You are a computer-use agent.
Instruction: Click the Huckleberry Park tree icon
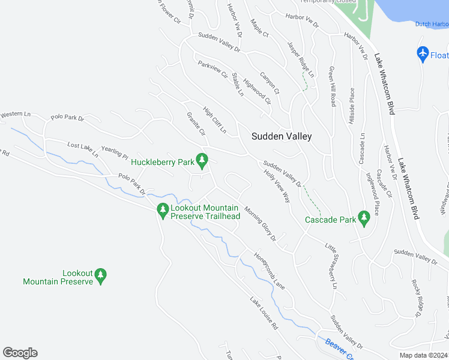point(202,160)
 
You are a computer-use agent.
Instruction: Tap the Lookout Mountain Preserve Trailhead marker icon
point(161,210)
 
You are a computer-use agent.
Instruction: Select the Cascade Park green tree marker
point(363,217)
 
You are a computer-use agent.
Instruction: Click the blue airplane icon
point(423,53)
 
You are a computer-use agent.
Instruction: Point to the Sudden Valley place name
point(282,136)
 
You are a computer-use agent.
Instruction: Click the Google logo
point(20,353)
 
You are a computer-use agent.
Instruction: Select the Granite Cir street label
point(196,124)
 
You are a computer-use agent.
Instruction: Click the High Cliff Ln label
point(214,120)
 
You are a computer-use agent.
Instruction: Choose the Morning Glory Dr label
point(259,223)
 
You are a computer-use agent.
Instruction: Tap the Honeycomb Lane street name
point(268,271)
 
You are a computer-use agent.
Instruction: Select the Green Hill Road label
point(332,86)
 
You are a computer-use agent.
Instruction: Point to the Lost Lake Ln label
point(83,150)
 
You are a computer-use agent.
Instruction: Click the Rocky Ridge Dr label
point(414,296)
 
